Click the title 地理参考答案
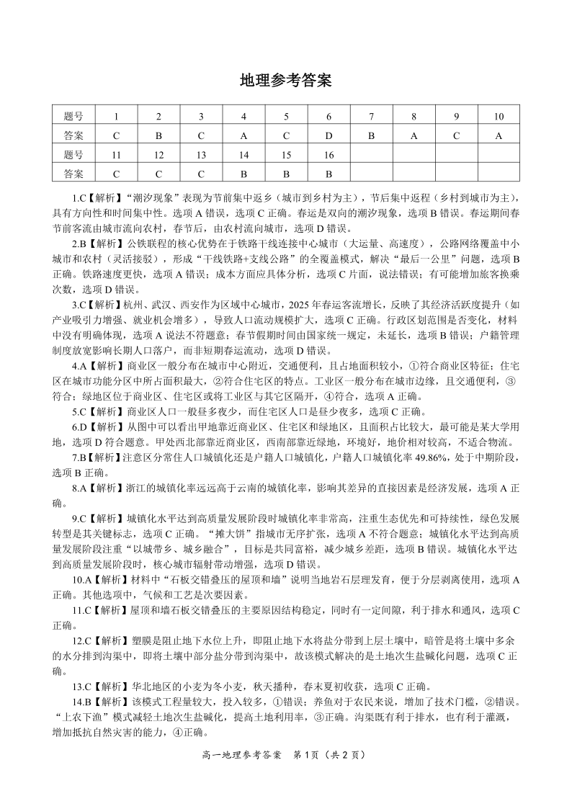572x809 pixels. click(x=285, y=81)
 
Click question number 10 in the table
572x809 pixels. click(x=498, y=117)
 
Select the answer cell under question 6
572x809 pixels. click(x=329, y=135)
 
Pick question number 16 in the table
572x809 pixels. click(x=329, y=155)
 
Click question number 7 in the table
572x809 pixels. click(x=371, y=117)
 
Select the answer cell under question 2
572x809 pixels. click(x=158, y=135)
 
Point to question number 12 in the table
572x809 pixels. click(x=158, y=155)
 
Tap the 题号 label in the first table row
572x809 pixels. click(x=73, y=117)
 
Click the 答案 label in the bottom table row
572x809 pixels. click(x=73, y=174)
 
